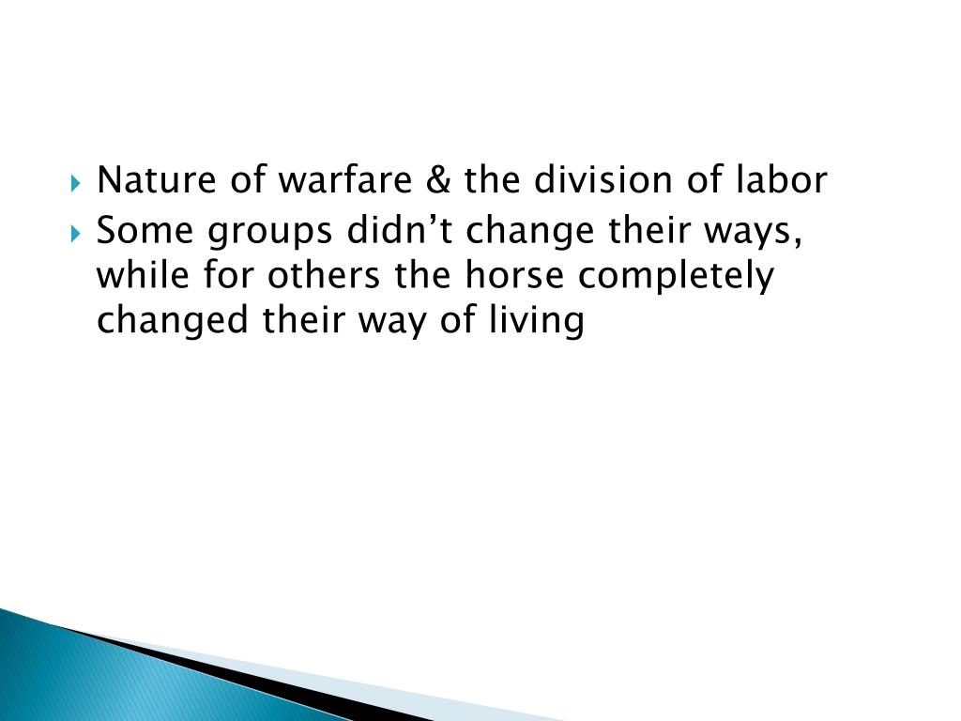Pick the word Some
(x=136, y=229)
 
